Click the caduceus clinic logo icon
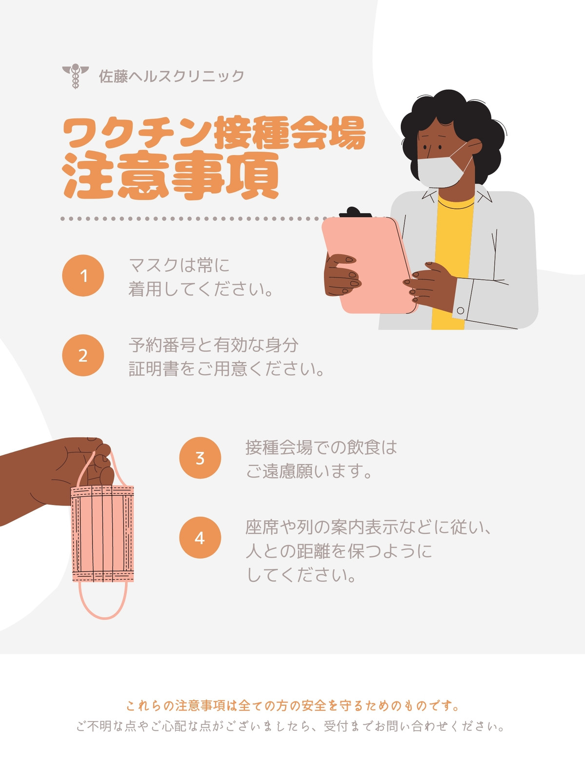click(75, 76)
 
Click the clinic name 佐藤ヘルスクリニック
click(172, 76)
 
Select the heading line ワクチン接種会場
click(214, 133)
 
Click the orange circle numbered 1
click(83, 275)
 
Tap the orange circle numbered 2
click(83, 355)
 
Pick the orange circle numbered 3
click(200, 458)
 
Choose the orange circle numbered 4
click(200, 537)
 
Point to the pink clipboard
click(370, 265)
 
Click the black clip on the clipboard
click(355, 212)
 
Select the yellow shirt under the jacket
click(453, 263)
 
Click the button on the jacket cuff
click(461, 311)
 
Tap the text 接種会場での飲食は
click(321, 448)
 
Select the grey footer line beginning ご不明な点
click(291, 726)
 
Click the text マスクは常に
click(179, 265)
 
